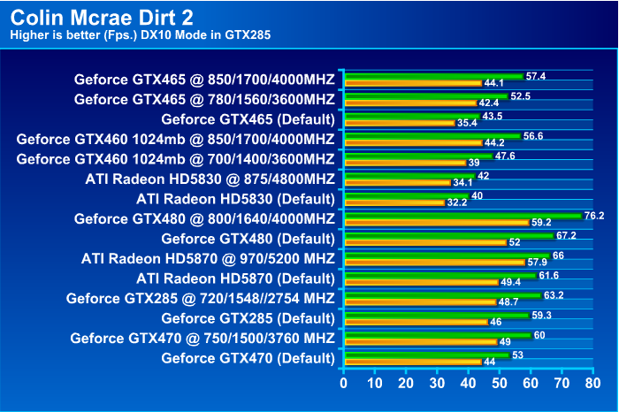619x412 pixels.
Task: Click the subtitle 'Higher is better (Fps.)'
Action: point(66,35)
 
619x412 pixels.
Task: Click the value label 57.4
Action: point(535,76)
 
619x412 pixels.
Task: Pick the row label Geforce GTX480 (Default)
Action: point(248,238)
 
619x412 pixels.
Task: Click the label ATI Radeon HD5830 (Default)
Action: point(235,198)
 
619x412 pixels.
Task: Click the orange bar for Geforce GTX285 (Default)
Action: point(415,323)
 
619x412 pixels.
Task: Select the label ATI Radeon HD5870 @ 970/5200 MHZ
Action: point(208,258)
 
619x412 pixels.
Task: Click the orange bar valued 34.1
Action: point(397,183)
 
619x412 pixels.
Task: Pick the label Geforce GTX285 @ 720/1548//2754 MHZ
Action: point(200,298)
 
